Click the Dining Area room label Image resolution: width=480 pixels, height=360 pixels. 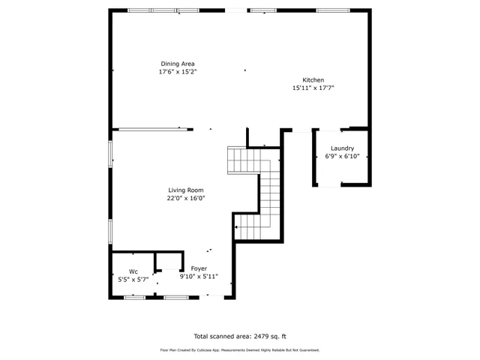point(178,64)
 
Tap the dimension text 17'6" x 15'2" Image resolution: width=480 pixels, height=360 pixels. point(178,73)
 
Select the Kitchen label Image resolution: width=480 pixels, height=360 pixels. point(313,80)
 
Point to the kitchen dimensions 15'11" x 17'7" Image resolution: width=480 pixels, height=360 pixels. point(313,88)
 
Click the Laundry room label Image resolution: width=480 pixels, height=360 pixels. point(342,148)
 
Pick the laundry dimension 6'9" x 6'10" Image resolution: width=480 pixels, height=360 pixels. point(342,157)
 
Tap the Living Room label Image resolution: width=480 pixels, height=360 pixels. point(185,190)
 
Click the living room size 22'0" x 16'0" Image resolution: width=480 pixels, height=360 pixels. point(185,199)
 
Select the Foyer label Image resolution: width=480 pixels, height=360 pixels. point(199,268)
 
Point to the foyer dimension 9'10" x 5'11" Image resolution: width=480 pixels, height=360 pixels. point(199,277)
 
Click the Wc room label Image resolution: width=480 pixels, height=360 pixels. point(133,271)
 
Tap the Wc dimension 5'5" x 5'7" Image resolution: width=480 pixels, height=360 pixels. point(133,279)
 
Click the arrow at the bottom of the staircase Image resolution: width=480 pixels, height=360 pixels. point(237,226)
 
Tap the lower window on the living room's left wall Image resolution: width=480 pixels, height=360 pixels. point(111,232)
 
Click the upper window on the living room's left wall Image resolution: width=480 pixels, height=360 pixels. point(111,153)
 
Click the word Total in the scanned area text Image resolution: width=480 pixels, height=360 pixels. point(202,337)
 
